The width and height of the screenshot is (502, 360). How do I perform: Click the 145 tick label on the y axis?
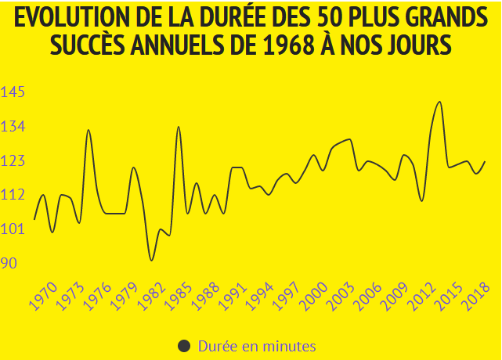pyautogui.click(x=13, y=92)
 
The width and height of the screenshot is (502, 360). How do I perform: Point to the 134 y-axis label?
pyautogui.click(x=13, y=127)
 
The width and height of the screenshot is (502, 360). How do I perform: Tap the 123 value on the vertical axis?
pyautogui.click(x=13, y=161)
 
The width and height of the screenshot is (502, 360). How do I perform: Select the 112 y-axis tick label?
pyautogui.click(x=13, y=195)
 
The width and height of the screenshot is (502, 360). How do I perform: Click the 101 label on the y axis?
pyautogui.click(x=13, y=229)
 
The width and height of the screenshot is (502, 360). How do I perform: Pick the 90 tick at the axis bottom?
pyautogui.click(x=9, y=263)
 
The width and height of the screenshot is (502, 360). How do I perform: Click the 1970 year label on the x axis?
pyautogui.click(x=44, y=298)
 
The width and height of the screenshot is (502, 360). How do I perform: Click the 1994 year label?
pyautogui.click(x=262, y=298)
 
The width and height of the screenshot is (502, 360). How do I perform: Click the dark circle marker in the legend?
pyautogui.click(x=185, y=346)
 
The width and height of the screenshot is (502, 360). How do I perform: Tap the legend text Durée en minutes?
pyautogui.click(x=257, y=346)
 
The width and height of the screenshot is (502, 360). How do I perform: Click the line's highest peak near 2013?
pyautogui.click(x=439, y=102)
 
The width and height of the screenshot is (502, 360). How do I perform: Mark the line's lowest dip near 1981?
pyautogui.click(x=151, y=260)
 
